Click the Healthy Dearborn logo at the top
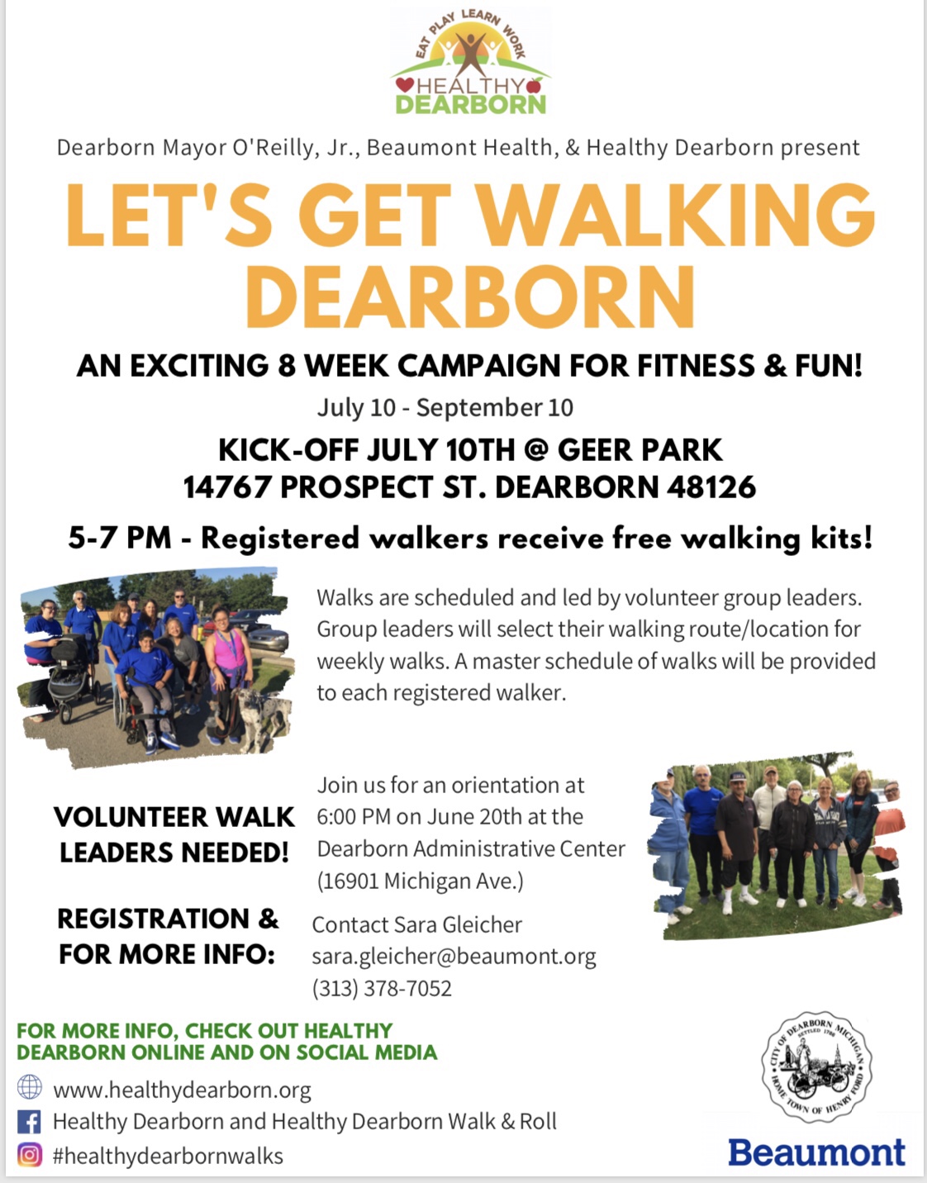pos(470,61)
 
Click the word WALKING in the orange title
pos(676,215)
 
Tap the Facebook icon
pos(30,1122)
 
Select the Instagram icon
pos(30,1155)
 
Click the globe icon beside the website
pos(30,1087)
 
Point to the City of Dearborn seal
pos(816,1067)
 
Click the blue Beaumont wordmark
pos(816,1152)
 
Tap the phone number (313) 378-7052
pos(383,989)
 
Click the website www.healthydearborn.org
pos(183,1090)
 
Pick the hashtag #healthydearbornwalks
pos(168,1155)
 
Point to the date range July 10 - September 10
pos(445,407)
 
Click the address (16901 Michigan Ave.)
pos(421,881)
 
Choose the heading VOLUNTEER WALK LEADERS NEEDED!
pos(174,834)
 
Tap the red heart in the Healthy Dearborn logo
pos(405,84)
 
